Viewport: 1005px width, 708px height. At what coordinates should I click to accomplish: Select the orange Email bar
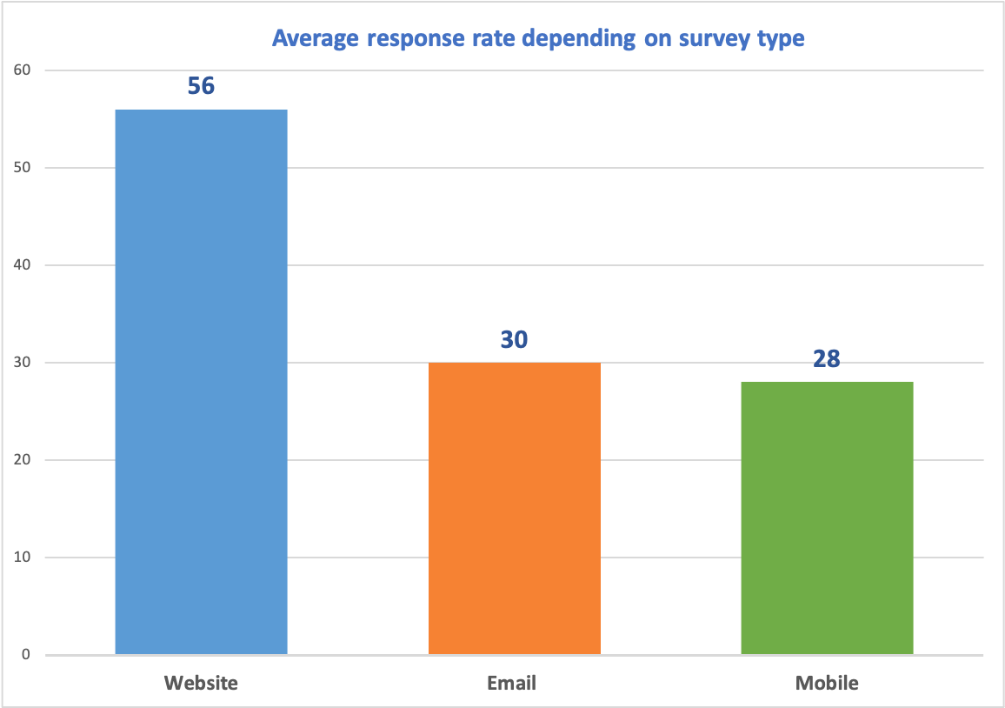514,508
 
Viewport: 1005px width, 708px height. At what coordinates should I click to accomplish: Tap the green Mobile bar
827,518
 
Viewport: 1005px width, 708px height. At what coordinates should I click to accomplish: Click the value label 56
201,86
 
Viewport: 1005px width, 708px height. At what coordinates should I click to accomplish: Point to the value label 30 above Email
514,339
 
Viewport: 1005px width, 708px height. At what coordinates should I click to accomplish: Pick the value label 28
827,358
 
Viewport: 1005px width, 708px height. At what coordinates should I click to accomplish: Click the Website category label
201,683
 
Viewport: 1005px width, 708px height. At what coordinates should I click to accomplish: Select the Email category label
512,683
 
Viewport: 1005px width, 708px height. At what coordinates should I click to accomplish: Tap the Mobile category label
827,683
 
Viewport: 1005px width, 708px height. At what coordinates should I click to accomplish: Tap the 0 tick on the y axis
27,655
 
